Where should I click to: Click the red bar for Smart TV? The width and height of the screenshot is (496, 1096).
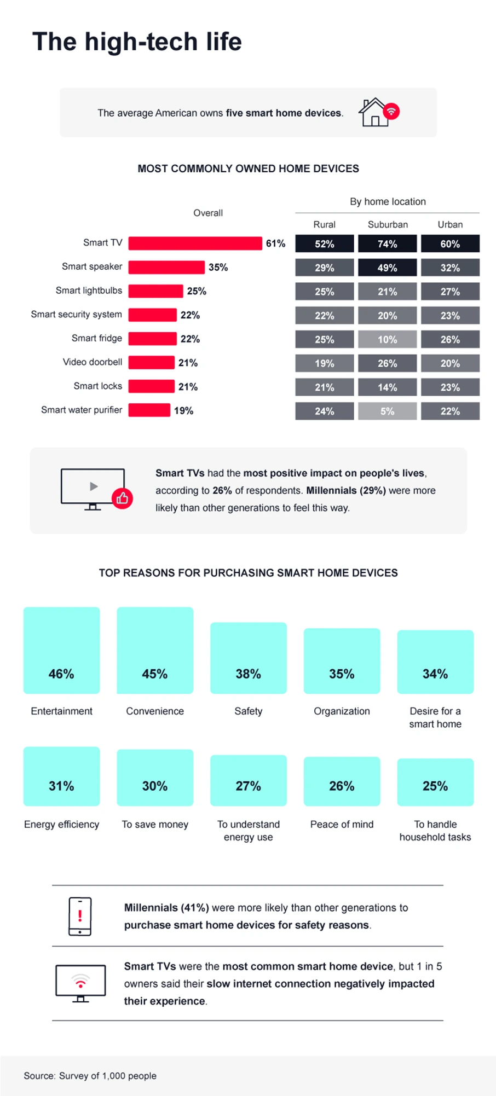point(195,243)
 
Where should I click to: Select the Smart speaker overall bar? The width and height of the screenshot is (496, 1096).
point(166,267)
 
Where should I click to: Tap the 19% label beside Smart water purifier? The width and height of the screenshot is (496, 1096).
point(183,410)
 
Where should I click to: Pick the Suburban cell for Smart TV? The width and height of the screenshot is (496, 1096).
point(387,243)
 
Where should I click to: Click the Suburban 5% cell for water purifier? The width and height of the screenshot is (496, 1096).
point(387,411)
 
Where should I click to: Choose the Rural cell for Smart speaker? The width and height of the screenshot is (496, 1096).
point(324,268)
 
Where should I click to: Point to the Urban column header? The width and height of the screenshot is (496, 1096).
point(450,224)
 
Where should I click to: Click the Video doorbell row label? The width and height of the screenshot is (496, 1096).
point(93,362)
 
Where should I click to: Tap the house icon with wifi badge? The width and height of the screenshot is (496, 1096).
point(378,112)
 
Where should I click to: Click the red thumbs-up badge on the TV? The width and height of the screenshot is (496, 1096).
point(122,498)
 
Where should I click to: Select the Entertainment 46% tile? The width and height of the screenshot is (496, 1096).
point(61,650)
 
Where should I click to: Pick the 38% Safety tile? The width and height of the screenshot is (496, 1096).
point(248,658)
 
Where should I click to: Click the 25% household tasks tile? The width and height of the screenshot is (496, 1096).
point(435,782)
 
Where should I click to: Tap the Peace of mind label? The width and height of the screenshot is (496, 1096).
point(342,824)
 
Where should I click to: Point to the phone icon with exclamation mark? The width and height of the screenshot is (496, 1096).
point(80,916)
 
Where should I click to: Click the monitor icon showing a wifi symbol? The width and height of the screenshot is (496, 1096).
point(80,983)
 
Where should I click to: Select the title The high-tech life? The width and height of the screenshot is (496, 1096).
point(137,42)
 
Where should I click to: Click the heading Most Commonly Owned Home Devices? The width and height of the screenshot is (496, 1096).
point(248,169)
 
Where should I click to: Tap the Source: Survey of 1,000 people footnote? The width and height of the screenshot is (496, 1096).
point(90,1075)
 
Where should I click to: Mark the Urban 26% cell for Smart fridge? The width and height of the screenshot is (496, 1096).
point(450,339)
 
